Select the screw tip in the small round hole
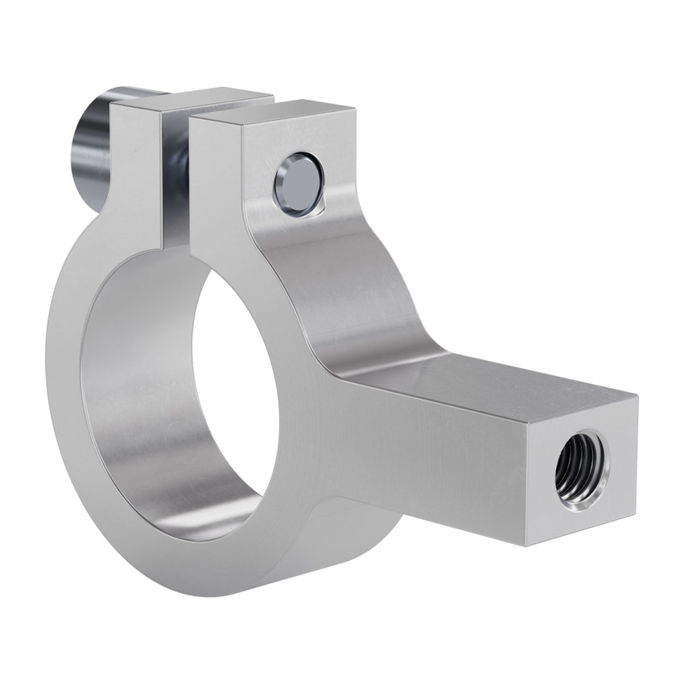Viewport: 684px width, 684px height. click(295, 184)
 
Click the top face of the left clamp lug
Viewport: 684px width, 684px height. click(193, 101)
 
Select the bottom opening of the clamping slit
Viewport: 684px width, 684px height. click(175, 245)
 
